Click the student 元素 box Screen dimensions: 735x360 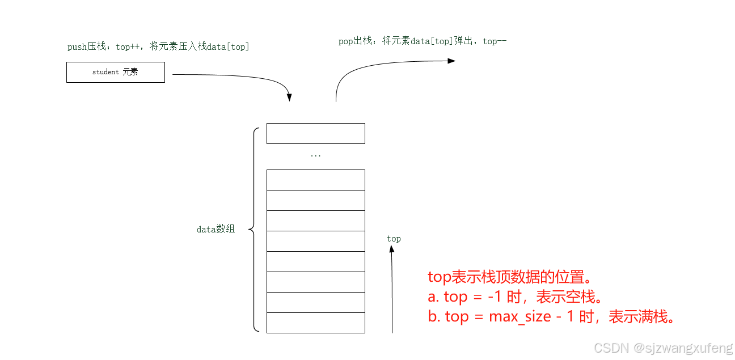[116, 73]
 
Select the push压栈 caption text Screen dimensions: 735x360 [158, 47]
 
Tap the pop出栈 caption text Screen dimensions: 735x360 [422, 41]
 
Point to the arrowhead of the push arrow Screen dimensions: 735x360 [289, 98]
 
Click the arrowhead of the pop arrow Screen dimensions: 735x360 [451, 61]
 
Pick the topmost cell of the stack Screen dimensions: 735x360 [315, 133]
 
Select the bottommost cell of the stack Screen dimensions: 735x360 [315, 323]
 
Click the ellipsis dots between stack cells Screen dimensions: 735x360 [316, 155]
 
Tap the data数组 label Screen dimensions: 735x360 [216, 230]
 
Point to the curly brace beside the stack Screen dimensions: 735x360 [254, 230]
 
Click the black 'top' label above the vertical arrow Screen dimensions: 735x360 [394, 239]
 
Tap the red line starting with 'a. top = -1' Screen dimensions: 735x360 [514, 297]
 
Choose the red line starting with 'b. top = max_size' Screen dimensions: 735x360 [552, 317]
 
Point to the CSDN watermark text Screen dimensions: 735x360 [663, 348]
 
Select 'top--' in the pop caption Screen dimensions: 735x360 [495, 41]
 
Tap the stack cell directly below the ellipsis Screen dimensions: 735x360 [315, 180]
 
